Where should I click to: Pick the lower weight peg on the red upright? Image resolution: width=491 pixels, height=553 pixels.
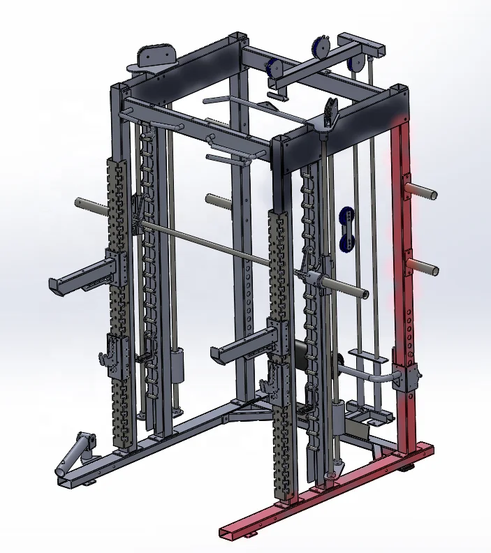point(423,266)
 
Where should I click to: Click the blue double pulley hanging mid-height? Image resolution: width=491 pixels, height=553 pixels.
point(346,229)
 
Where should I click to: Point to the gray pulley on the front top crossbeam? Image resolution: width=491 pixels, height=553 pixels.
point(330,112)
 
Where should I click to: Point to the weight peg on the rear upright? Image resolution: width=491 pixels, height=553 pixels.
point(219,200)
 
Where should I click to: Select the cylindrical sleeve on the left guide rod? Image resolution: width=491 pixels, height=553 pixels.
point(175,364)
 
